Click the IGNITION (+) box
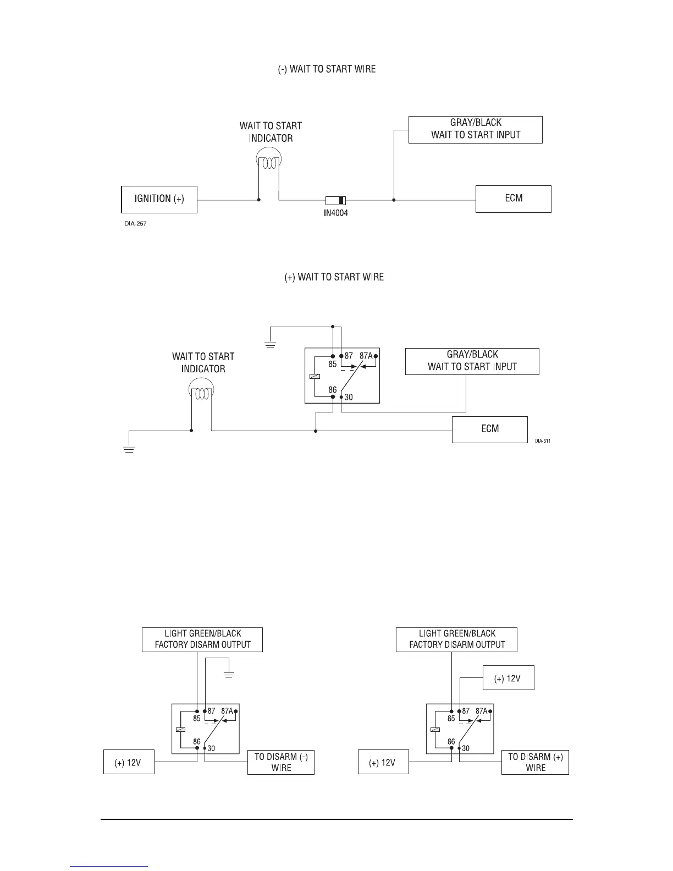click(159, 199)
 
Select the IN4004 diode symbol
click(335, 201)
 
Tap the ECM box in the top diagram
click(513, 199)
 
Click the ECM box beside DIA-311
click(489, 429)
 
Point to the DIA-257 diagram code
click(135, 224)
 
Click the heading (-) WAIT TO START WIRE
click(327, 69)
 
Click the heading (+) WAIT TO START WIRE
click(334, 277)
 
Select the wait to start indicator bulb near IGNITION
click(269, 161)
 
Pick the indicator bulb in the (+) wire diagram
click(202, 392)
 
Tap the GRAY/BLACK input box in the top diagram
click(475, 129)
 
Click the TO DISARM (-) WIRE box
click(280, 762)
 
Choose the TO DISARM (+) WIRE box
click(535, 762)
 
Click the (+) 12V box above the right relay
click(508, 679)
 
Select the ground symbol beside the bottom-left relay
click(229, 674)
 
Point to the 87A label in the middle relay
click(366, 356)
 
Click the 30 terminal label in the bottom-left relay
click(211, 748)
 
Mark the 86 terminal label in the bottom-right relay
click(451, 742)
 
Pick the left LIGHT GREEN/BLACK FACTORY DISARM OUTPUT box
click(202, 640)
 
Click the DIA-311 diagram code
click(542, 440)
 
